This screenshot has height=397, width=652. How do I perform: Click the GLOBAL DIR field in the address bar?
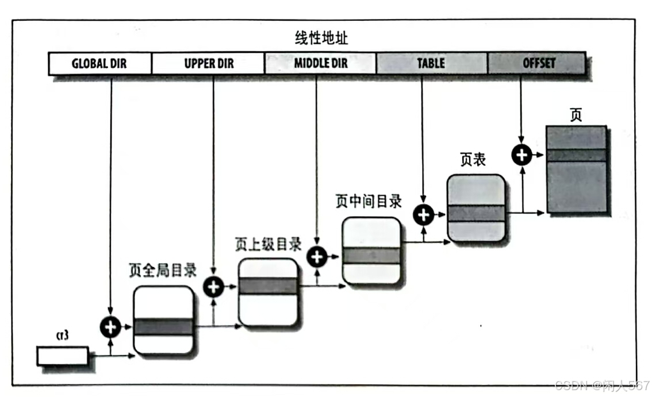pyautogui.click(x=99, y=64)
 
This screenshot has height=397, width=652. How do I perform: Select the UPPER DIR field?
pyautogui.click(x=208, y=64)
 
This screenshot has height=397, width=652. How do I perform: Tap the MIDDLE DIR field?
pyautogui.click(x=320, y=64)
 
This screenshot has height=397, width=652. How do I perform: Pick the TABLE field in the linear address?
pyautogui.click(x=431, y=64)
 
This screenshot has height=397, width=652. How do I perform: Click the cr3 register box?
pyautogui.click(x=63, y=356)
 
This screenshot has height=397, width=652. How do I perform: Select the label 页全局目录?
pyautogui.click(x=163, y=271)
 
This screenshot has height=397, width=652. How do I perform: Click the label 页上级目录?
pyautogui.click(x=268, y=244)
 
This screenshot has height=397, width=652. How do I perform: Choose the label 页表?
pyautogui.click(x=473, y=160)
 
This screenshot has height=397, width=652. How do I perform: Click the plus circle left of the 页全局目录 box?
pyautogui.click(x=110, y=327)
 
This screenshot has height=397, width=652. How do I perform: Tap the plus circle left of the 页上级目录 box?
pyautogui.click(x=213, y=286)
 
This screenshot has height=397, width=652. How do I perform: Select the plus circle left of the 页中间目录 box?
pyautogui.click(x=316, y=257)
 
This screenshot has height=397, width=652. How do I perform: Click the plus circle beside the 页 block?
pyautogui.click(x=521, y=155)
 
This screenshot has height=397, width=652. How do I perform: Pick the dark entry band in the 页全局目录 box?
pyautogui.click(x=163, y=327)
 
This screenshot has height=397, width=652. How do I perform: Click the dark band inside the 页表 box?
pyautogui.click(x=475, y=213)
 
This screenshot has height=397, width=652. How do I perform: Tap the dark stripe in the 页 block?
pyautogui.click(x=577, y=155)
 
